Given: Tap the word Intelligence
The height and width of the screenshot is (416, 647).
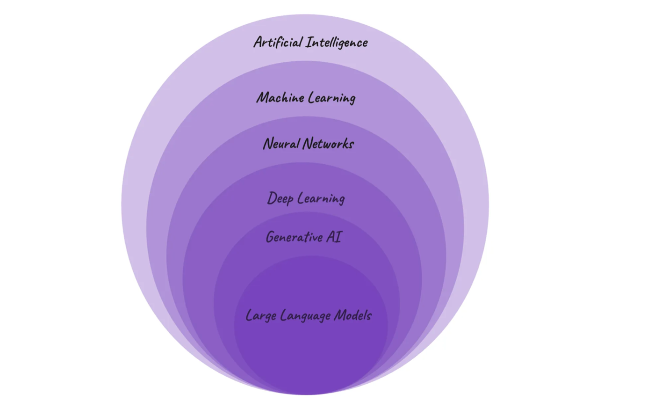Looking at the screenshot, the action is [337, 43].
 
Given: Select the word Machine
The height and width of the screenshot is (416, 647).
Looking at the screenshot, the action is [280, 97].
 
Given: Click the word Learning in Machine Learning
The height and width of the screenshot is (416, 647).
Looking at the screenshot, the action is [331, 98].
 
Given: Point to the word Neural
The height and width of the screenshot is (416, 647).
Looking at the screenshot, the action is [281, 143].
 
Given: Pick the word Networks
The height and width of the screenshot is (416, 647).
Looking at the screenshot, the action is [328, 143].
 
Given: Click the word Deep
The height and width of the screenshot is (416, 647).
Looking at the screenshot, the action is [280, 198].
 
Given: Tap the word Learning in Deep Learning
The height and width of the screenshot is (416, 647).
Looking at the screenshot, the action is [321, 198].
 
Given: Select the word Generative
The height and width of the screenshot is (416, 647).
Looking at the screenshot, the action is [295, 237].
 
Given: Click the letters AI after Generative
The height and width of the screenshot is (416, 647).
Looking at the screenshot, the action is [334, 236].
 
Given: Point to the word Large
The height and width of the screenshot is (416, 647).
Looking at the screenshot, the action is [261, 315].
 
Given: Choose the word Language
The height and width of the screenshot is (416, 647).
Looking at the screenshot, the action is [305, 315].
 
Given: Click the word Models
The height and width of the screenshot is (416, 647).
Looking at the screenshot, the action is [352, 314].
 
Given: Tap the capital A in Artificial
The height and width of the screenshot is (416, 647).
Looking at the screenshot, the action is [259, 42].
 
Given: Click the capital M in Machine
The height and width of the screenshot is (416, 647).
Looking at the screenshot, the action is [264, 97].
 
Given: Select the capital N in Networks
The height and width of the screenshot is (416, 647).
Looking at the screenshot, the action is [308, 143].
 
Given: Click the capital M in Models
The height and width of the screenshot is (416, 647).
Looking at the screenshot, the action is [341, 314].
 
